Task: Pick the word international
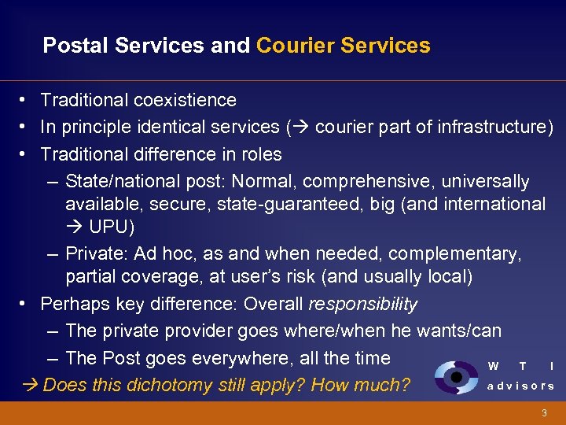pyautogui.click(x=487, y=205)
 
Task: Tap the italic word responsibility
pyautogui.click(x=363, y=304)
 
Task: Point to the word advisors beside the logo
pyautogui.click(x=520, y=386)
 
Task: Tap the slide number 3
pyautogui.click(x=543, y=413)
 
